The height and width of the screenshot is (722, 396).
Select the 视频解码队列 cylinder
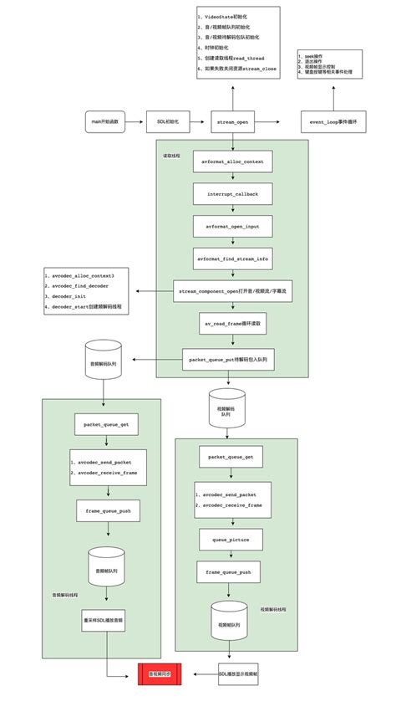pyautogui.click(x=226, y=406)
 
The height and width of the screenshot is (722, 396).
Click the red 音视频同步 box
pyautogui.click(x=161, y=673)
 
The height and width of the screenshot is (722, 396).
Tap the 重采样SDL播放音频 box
pyautogui.click(x=105, y=622)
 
